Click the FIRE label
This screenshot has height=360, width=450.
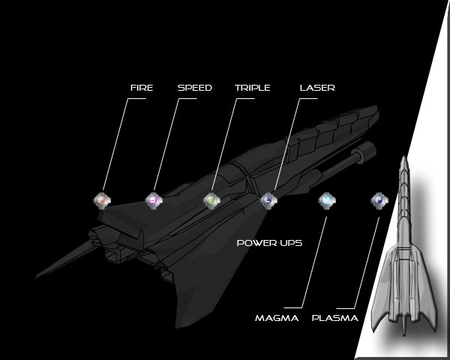pyautogui.click(x=141, y=88)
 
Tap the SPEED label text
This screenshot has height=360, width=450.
pyautogui.click(x=194, y=88)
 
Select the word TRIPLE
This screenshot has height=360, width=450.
pyautogui.click(x=252, y=88)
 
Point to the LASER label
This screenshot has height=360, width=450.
pyautogui.click(x=316, y=88)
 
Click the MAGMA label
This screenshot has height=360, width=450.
pyautogui.click(x=276, y=318)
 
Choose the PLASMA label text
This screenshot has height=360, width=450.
pyautogui.click(x=334, y=318)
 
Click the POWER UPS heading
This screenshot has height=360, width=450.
pyautogui.click(x=269, y=243)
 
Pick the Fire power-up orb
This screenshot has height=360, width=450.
pyautogui.click(x=102, y=200)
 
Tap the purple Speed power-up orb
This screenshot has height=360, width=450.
pyautogui.click(x=153, y=200)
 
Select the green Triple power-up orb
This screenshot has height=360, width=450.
pyautogui.click(x=212, y=200)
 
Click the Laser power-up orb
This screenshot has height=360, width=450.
pyautogui.click(x=268, y=200)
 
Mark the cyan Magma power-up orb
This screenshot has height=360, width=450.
pyautogui.click(x=325, y=200)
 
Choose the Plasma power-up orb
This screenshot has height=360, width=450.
pyautogui.click(x=379, y=200)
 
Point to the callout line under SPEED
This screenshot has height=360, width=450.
pyautogui.click(x=167, y=142)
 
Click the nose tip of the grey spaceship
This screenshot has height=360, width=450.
pyautogui.click(x=404, y=157)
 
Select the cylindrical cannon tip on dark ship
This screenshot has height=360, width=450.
pyautogui.click(x=367, y=151)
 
